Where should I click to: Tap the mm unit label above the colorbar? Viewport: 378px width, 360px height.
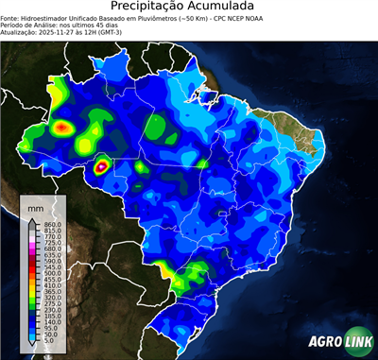(36, 205)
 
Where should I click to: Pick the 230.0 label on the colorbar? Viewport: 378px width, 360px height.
(52, 309)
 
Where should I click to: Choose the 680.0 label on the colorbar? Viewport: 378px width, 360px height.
(52, 249)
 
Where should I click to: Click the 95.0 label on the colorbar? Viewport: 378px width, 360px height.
(50, 329)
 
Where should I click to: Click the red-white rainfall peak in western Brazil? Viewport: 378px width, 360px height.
(101, 167)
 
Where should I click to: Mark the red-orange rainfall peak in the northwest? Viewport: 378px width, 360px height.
(62, 126)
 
